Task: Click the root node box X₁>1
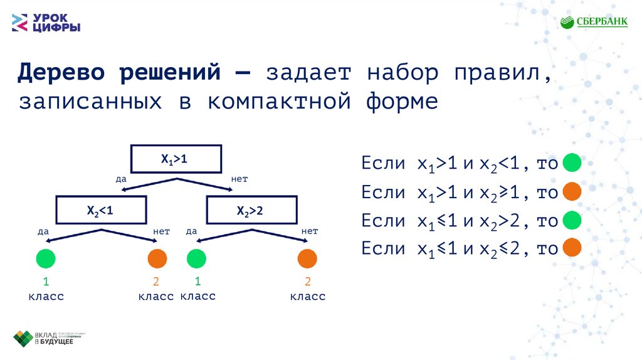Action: (176, 159)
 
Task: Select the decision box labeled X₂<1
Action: (100, 211)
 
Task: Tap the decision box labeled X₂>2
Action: (250, 211)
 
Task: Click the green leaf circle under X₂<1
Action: (45, 258)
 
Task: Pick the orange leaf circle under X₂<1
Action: (157, 258)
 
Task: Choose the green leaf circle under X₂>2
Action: (196, 258)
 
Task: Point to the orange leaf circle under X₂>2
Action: (307, 258)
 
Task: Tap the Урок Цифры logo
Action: (46, 23)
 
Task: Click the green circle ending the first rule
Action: (572, 164)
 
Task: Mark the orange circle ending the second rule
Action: (572, 192)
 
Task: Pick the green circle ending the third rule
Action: (572, 220)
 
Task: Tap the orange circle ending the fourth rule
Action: (572, 248)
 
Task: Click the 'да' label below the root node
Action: (122, 179)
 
